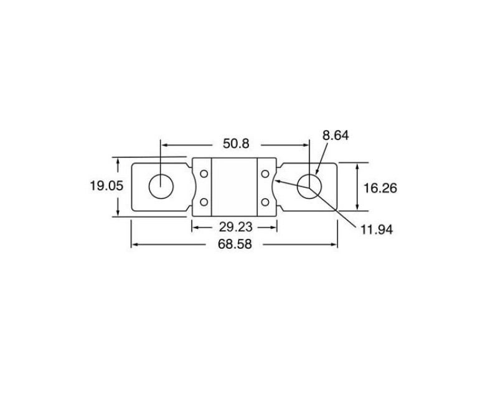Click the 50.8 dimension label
[x=236, y=144]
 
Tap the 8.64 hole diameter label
[x=336, y=136]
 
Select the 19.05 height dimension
[x=106, y=186]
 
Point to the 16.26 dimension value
[x=380, y=188]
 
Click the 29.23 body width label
[x=236, y=227]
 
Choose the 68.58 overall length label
[x=235, y=244]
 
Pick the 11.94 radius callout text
[x=377, y=229]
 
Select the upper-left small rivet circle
[x=204, y=174]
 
